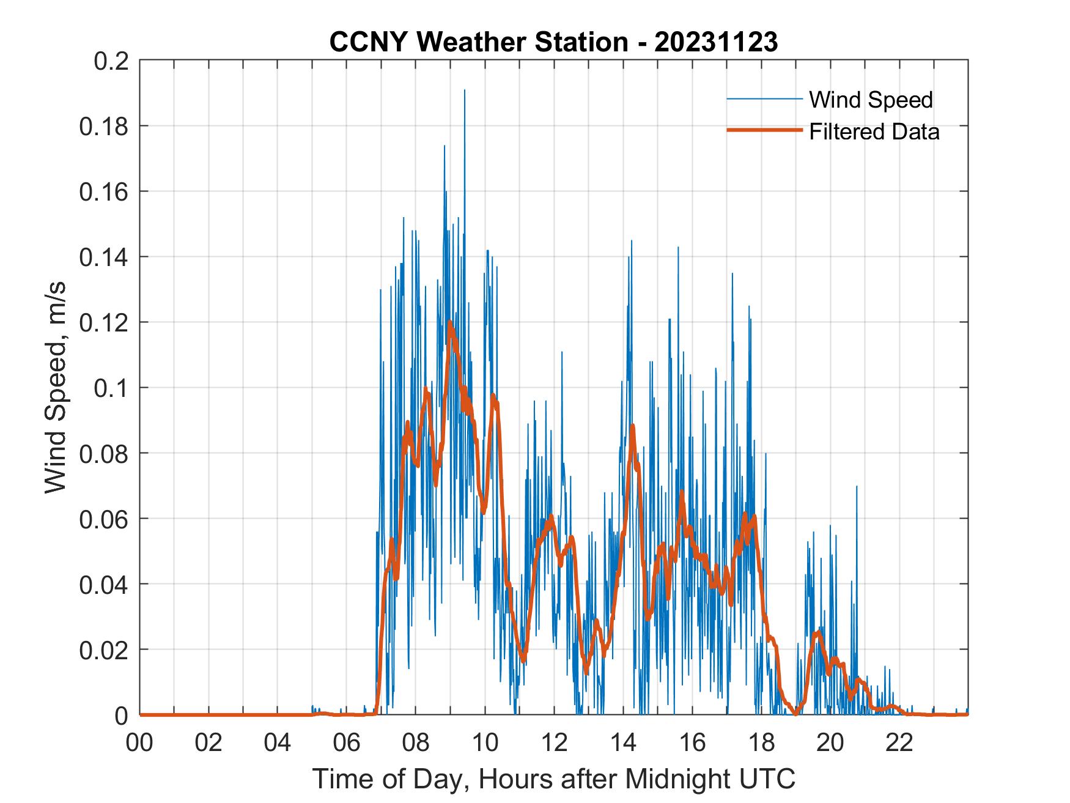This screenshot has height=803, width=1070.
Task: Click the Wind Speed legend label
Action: click(x=871, y=100)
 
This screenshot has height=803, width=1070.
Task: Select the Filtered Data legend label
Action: click(x=874, y=131)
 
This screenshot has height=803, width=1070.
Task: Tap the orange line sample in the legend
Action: click(x=764, y=131)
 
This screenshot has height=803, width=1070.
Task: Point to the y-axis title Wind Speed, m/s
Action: click(x=56, y=387)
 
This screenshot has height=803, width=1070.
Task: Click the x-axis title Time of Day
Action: click(x=553, y=779)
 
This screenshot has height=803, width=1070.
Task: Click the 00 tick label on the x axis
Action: click(x=139, y=742)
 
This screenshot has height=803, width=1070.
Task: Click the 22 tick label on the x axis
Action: click(x=899, y=742)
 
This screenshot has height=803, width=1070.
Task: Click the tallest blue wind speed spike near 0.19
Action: click(x=464, y=91)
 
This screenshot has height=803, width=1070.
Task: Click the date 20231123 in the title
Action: click(x=716, y=42)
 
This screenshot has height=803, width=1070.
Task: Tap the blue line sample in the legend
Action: click(x=764, y=99)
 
